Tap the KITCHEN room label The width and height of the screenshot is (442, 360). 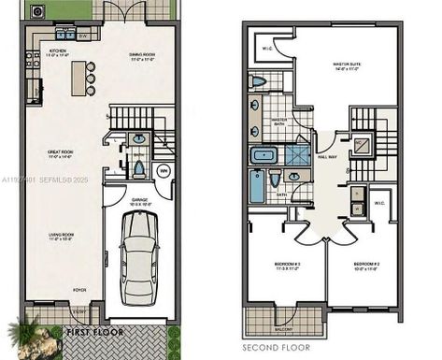pos(57,51)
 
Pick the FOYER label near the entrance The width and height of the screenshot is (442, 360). pos(80,290)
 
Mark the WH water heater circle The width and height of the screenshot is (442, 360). pos(163,170)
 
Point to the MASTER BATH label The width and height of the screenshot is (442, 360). pos(278,121)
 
